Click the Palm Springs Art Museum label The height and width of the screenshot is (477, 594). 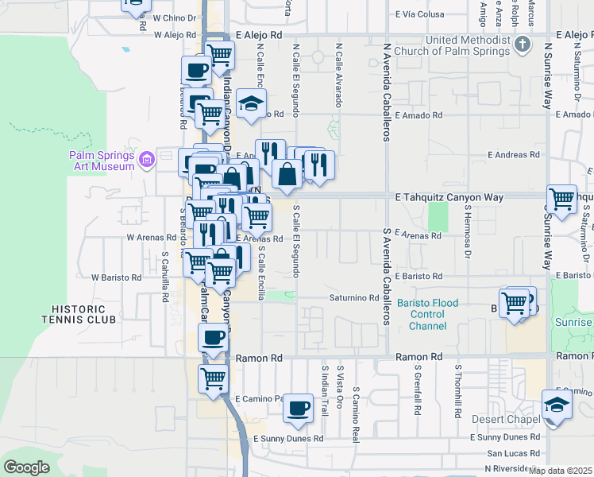(101, 161)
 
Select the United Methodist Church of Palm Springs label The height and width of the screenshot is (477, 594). (467, 45)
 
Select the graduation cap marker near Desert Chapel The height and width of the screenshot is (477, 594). (557, 405)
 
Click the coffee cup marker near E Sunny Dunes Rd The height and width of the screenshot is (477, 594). (298, 408)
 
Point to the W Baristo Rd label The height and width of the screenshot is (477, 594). (116, 277)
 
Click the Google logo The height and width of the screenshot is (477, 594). (27, 467)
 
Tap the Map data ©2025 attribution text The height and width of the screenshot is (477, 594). (560, 471)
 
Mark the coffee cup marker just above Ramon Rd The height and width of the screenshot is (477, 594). (213, 337)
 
